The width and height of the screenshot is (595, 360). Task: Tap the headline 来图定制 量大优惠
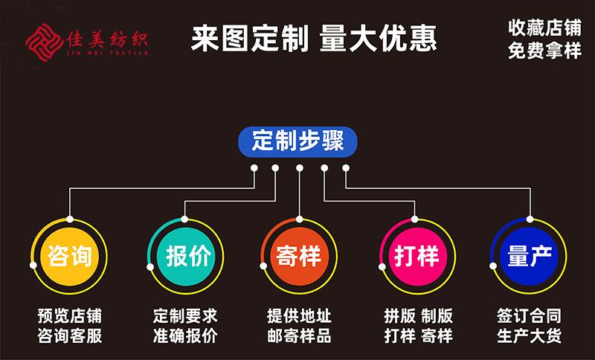click(313, 38)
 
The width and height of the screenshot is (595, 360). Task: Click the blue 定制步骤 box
click(298, 141)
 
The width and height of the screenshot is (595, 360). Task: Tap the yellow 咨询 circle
click(69, 256)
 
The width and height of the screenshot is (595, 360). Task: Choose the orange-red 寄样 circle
click(298, 256)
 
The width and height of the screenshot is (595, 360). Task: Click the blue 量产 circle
click(529, 256)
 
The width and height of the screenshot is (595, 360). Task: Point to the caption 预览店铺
click(69, 315)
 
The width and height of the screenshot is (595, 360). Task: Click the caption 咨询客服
click(69, 335)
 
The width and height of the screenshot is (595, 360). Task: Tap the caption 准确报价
click(185, 335)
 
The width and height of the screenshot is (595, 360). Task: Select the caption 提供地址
click(298, 315)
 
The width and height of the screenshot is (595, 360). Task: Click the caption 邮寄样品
click(298, 335)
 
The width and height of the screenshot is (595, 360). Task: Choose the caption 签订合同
click(529, 315)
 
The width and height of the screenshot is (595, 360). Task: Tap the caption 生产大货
click(529, 335)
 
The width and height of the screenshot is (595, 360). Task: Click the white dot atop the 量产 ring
click(530, 219)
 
